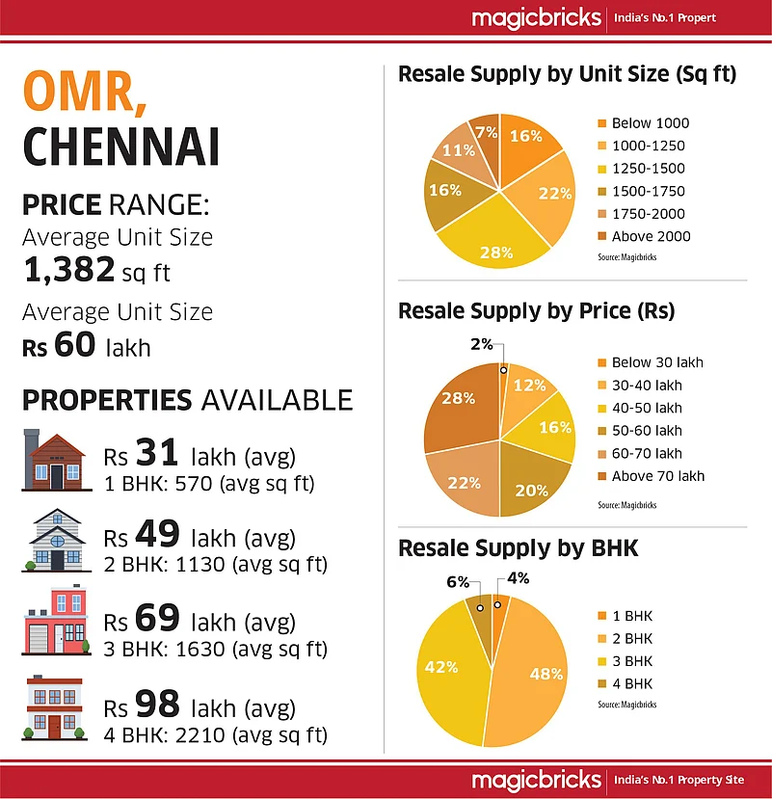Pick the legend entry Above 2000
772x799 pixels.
point(651,236)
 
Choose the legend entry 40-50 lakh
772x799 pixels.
point(647,408)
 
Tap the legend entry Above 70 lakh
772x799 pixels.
point(657,475)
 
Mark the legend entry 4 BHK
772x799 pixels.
point(632,684)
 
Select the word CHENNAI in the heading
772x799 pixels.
point(120,146)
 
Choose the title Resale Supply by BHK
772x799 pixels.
point(518,549)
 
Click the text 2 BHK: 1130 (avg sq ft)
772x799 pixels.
point(215,564)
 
